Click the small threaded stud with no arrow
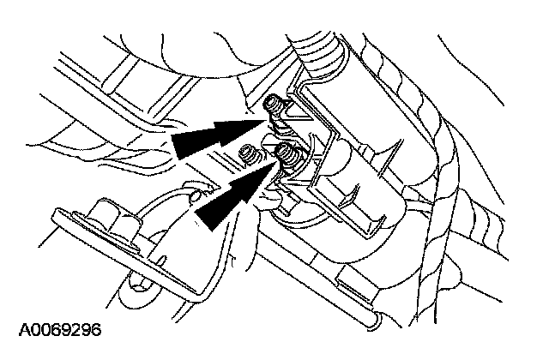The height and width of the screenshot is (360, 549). (248, 155)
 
